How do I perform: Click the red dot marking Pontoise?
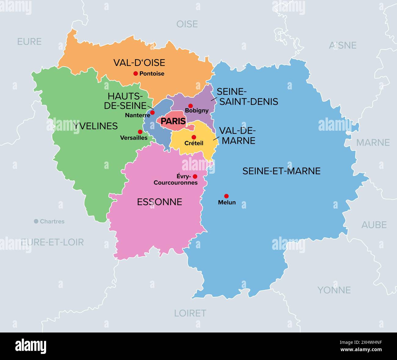click(136, 74)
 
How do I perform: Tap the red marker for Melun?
click(226, 196)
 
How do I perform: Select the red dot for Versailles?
click(140, 132)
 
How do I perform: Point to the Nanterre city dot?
click(152, 112)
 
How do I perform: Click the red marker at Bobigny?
click(191, 106)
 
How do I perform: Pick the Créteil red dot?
click(194, 137)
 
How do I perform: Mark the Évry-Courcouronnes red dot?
click(195, 176)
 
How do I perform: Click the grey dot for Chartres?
click(36, 221)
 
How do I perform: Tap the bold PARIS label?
click(173, 121)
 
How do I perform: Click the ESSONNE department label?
click(159, 202)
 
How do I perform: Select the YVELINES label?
click(96, 126)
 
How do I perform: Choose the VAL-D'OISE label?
click(139, 63)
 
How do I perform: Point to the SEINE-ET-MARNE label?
click(281, 171)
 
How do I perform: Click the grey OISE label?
click(187, 24)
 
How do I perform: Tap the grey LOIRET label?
click(190, 313)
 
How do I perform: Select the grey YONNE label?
click(334, 290)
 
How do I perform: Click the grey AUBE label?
click(374, 225)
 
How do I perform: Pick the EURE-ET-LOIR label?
click(52, 242)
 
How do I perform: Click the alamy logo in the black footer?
click(31, 346)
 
